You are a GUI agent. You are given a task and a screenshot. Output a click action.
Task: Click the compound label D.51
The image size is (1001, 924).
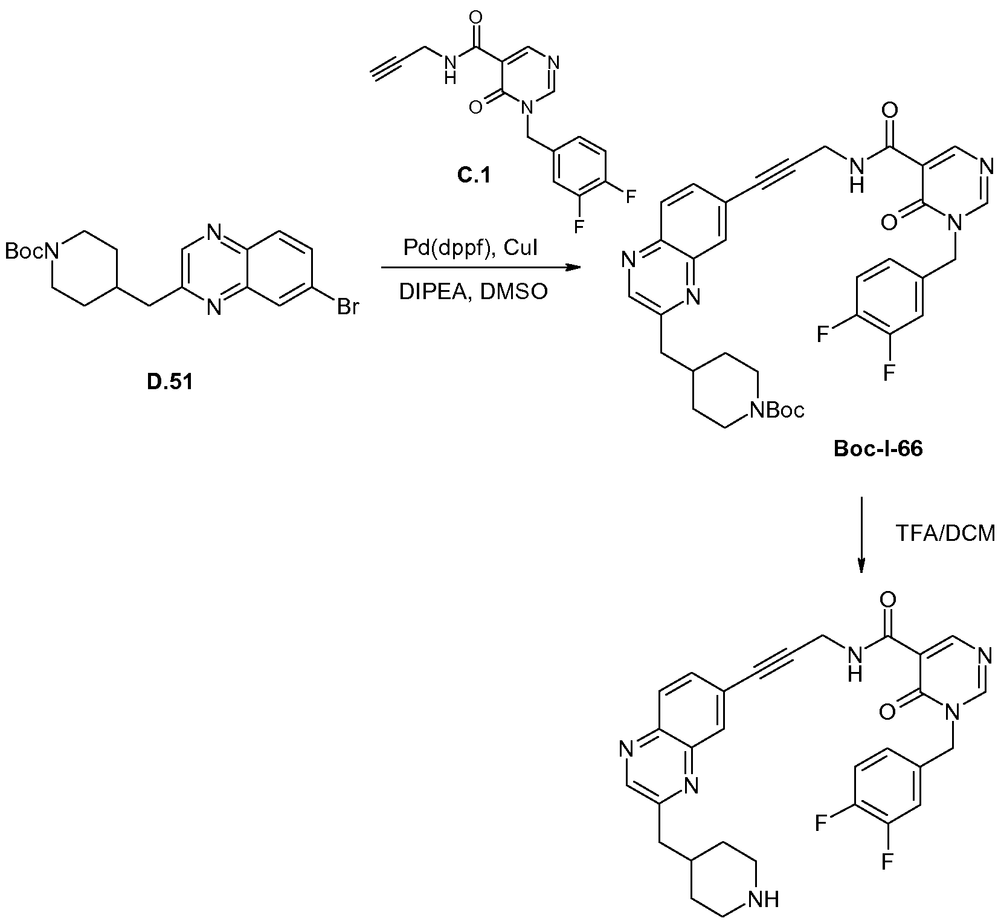click(170, 382)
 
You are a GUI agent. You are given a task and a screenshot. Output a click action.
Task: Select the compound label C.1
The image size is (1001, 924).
click(474, 176)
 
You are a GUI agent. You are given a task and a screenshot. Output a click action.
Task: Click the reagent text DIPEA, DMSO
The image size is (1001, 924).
click(473, 292)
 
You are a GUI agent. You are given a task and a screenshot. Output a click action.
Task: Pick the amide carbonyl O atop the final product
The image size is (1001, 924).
click(889, 600)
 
